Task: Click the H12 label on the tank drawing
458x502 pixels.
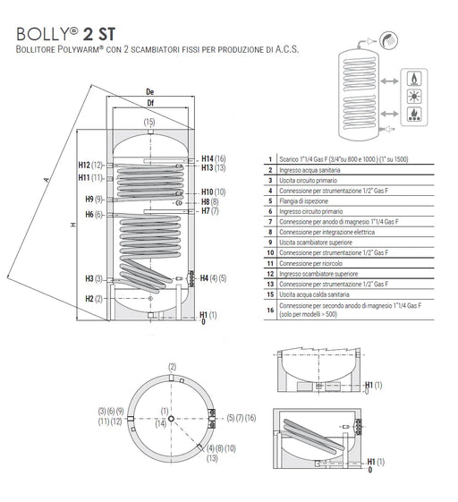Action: (x=84, y=165)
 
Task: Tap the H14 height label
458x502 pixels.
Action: (x=208, y=158)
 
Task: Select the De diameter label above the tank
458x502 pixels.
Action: (x=149, y=92)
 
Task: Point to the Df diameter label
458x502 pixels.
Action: (x=150, y=103)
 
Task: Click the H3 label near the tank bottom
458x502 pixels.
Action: (x=89, y=278)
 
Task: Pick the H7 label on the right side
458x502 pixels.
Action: (x=206, y=210)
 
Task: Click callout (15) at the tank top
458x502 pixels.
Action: (x=149, y=122)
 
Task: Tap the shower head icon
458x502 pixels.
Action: (x=388, y=40)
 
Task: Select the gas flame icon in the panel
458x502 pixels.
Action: (x=414, y=78)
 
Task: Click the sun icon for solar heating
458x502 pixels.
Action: (x=414, y=96)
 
